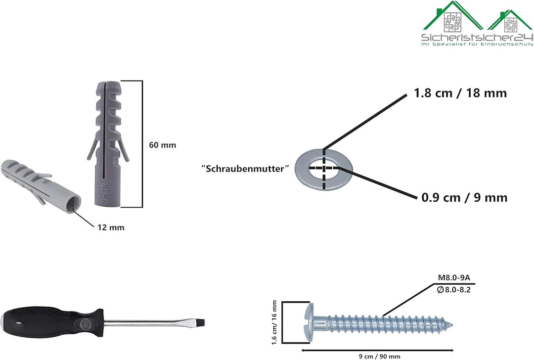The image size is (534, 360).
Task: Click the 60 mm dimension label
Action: coord(163,145)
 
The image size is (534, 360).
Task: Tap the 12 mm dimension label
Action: coord(111,227)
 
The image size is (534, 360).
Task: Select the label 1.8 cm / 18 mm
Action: coord(460,93)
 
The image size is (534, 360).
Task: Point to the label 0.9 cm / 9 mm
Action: coord(464,197)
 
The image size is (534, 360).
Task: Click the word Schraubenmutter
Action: coord(245,169)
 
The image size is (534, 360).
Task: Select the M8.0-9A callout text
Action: coord(453,277)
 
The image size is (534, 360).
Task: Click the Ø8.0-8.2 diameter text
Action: coord(453,290)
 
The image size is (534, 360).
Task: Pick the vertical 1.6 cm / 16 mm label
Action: coord(274,322)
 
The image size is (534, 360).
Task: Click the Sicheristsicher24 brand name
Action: coord(477,37)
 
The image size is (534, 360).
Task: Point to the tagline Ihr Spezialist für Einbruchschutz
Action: coord(477,45)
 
